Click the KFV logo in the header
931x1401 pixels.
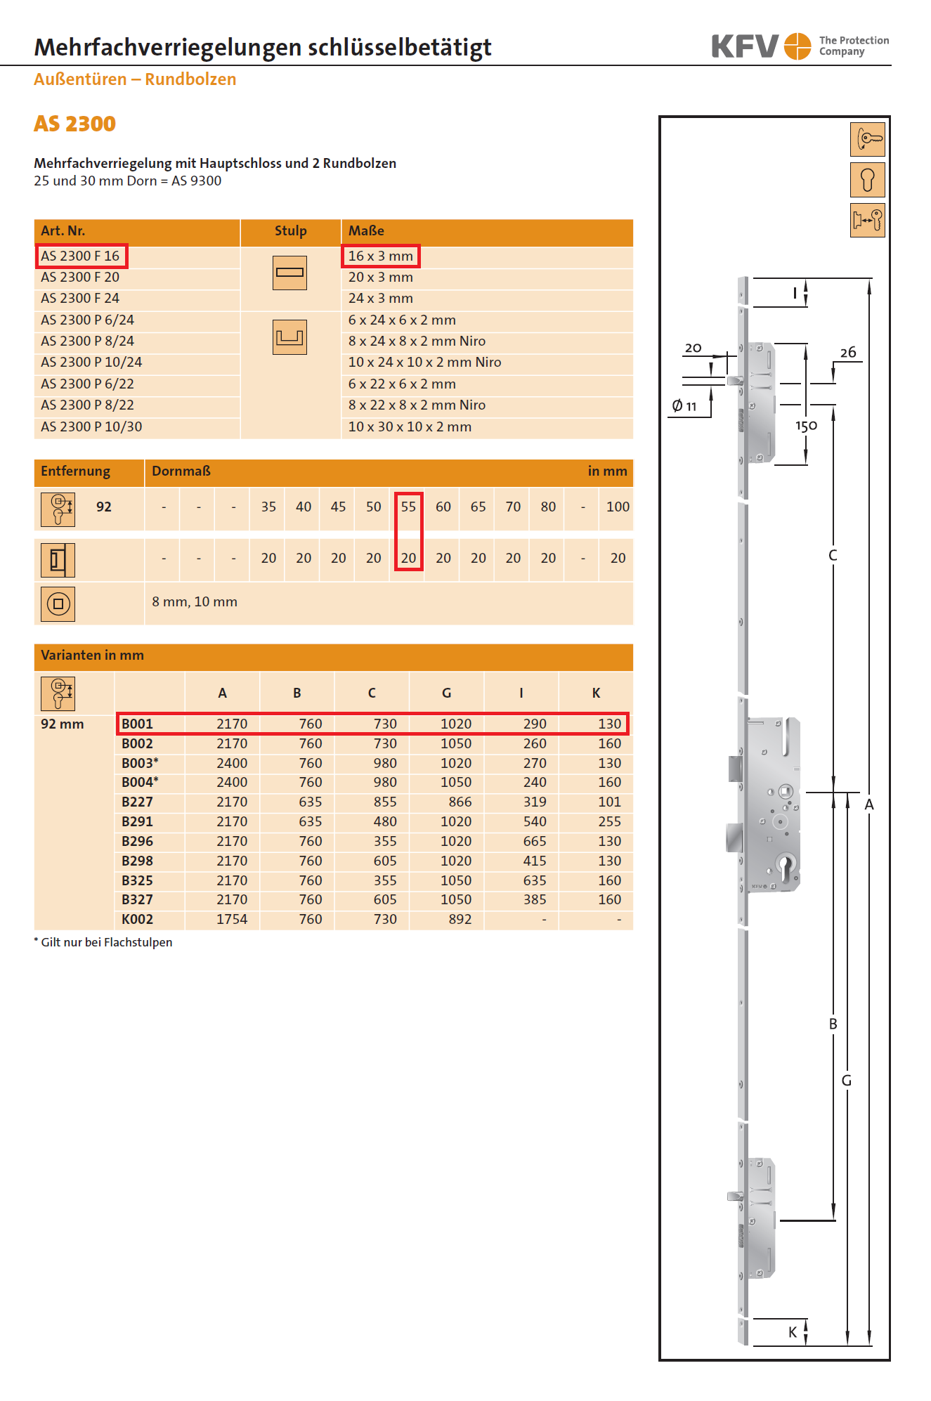(761, 46)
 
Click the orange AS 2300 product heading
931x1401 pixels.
(74, 124)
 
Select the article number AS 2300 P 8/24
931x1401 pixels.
(87, 341)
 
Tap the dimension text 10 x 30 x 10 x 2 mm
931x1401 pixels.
(410, 426)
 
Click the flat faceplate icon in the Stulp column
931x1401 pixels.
(289, 273)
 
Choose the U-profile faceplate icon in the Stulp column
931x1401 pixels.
(289, 337)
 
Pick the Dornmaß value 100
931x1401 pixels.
(618, 507)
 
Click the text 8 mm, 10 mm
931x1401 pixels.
(195, 601)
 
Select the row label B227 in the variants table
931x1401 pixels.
(137, 802)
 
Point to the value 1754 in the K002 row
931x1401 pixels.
(232, 919)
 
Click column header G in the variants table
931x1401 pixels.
(446, 693)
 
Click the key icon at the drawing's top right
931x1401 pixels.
(868, 139)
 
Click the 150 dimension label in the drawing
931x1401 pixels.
(806, 426)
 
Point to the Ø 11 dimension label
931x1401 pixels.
(684, 406)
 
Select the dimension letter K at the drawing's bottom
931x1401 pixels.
(793, 1332)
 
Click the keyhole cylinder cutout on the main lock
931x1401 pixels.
(786, 866)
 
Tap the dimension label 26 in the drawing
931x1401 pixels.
(848, 353)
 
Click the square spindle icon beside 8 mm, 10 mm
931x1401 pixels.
(58, 604)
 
